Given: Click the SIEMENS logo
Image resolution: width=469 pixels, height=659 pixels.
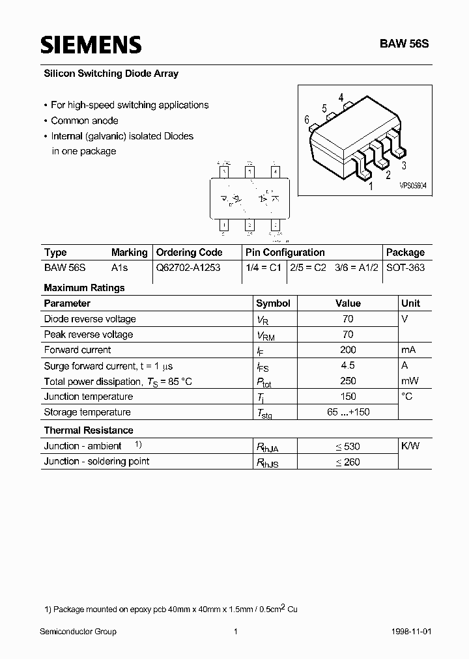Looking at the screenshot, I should click(91, 44).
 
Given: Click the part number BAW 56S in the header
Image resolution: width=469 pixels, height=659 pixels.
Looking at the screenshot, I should click(405, 45).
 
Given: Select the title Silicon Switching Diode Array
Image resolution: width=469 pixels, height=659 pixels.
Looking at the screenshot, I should click(111, 74).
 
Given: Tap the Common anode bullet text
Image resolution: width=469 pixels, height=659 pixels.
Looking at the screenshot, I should click(84, 120).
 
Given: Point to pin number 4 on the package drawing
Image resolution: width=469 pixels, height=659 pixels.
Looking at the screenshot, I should click(341, 98).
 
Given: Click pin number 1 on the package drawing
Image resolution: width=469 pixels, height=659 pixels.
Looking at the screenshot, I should click(371, 187).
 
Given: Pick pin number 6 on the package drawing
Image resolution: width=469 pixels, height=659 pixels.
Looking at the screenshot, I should click(306, 119).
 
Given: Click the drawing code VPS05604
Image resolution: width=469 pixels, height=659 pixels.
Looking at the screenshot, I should click(413, 186).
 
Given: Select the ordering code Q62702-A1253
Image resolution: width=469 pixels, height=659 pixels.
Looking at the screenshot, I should click(188, 268).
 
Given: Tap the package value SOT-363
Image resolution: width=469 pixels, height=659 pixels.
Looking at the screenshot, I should click(405, 268).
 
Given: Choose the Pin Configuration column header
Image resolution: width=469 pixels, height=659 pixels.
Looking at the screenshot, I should click(285, 253).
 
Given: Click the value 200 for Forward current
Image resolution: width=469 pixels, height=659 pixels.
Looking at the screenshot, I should click(348, 350).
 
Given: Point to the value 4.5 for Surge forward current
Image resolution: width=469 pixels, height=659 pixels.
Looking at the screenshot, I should click(348, 365).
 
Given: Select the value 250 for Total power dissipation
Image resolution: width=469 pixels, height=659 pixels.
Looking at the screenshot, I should click(348, 381).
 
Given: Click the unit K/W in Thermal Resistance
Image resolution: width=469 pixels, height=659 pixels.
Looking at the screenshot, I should click(410, 446).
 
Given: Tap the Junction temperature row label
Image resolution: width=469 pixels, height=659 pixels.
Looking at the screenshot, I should click(88, 397).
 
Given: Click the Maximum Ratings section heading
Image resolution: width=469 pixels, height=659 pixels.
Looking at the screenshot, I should click(84, 288).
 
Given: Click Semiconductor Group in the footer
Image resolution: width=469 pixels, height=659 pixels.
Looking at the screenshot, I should click(78, 632).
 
